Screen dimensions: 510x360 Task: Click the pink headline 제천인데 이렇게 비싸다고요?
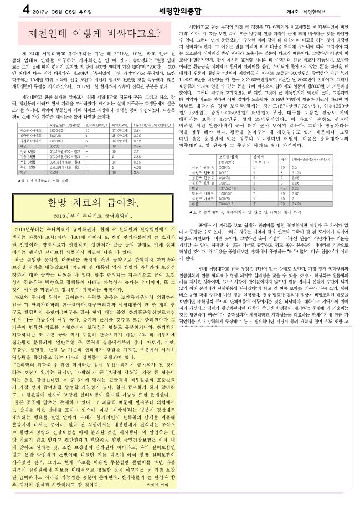tap(90, 30)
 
